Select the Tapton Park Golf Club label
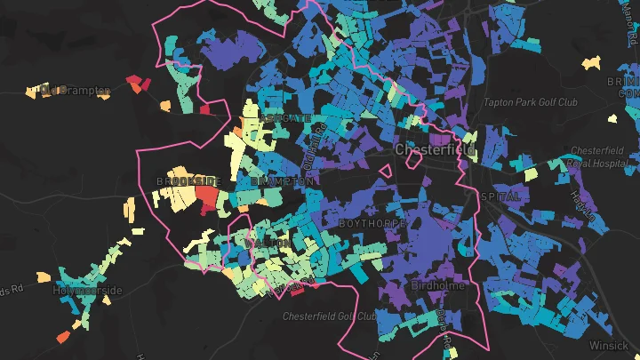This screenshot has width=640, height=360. pyautogui.click(x=531, y=102)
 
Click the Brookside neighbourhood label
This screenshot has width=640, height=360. pyautogui.click(x=188, y=181)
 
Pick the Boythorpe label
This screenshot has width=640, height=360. pyautogui.click(x=372, y=223)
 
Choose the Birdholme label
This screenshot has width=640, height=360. pyautogui.click(x=437, y=285)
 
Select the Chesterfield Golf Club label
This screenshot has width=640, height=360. pyautogui.click(x=329, y=316)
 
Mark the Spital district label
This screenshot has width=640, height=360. pyautogui.click(x=500, y=196)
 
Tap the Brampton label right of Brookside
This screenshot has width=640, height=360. pyautogui.click(x=283, y=180)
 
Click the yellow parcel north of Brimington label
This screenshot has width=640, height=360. pyautogui.click(x=590, y=63)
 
